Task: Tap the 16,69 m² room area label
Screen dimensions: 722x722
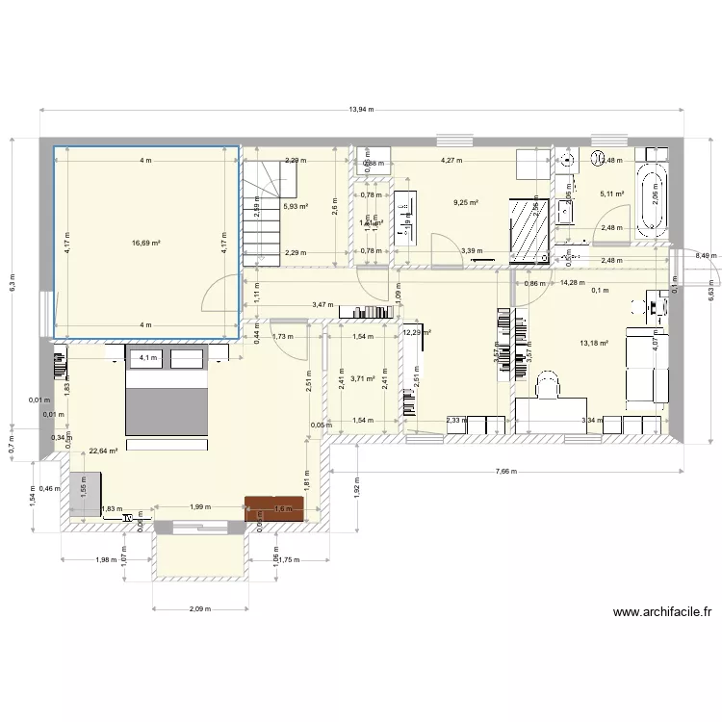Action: [145, 244]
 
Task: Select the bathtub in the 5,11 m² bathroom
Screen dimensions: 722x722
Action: [653, 199]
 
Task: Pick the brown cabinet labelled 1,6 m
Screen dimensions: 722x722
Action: [274, 508]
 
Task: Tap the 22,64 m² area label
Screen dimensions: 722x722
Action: [103, 451]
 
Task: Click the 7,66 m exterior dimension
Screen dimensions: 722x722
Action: [506, 472]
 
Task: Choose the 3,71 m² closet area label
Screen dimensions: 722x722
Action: [363, 379]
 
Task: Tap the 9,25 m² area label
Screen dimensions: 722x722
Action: [466, 203]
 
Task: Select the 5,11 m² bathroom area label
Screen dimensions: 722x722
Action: [612, 193]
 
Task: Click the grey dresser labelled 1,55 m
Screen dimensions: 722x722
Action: [84, 493]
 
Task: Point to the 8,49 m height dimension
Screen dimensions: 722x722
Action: [707, 255]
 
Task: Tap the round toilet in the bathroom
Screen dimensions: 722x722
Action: [597, 160]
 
